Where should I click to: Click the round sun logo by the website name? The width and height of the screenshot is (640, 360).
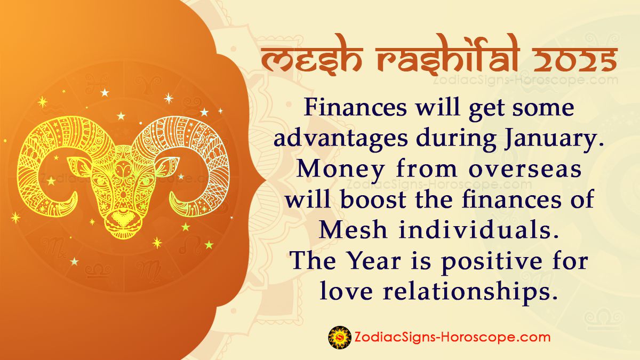click(340, 337)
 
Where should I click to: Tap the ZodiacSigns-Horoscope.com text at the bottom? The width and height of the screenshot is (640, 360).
click(452, 337)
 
